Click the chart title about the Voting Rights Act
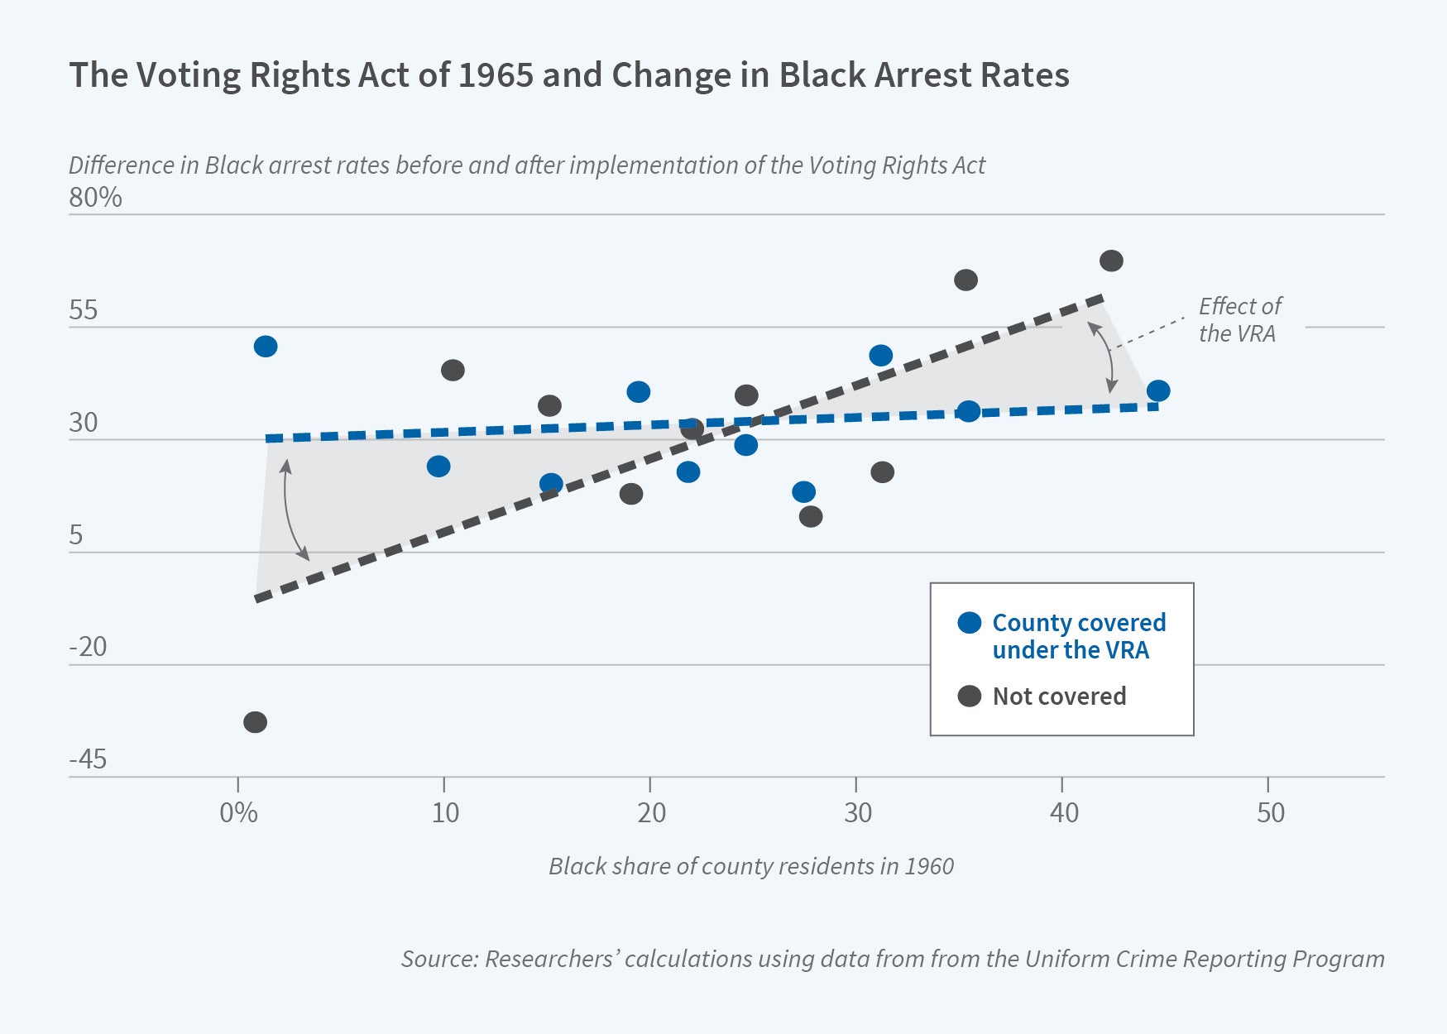pyautogui.click(x=568, y=75)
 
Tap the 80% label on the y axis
pyautogui.click(x=95, y=198)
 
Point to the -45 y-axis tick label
pyautogui.click(x=88, y=759)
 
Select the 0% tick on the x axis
pyautogui.click(x=238, y=813)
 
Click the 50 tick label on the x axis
pyautogui.click(x=1270, y=813)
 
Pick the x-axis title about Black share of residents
pyautogui.click(x=750, y=866)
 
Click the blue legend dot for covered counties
pyautogui.click(x=969, y=623)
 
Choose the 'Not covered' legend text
pyautogui.click(x=1059, y=697)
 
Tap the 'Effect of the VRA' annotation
pyautogui.click(x=1239, y=319)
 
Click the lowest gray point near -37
pyautogui.click(x=255, y=722)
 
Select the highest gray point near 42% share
pyautogui.click(x=1111, y=261)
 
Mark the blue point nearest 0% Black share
pyautogui.click(x=266, y=347)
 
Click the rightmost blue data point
pyautogui.click(x=1158, y=390)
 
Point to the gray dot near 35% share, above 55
pyautogui.click(x=965, y=280)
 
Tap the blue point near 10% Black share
pyautogui.click(x=438, y=467)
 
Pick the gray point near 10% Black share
pyautogui.click(x=453, y=370)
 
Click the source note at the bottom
pyautogui.click(x=892, y=959)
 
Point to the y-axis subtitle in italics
pyautogui.click(x=526, y=165)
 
